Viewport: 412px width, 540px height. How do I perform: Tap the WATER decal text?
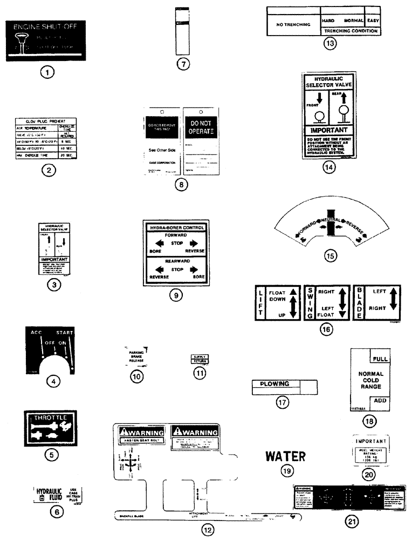[x=285, y=456]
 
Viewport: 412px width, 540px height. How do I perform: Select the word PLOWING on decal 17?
[x=276, y=384]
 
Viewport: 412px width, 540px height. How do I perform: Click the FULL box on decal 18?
[x=380, y=358]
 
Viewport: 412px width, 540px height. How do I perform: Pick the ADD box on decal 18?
[x=380, y=401]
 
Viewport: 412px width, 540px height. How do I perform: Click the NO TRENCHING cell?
[x=293, y=24]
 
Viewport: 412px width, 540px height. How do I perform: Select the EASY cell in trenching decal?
[x=373, y=20]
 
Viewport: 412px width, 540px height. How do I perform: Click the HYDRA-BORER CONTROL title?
[x=176, y=227]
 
